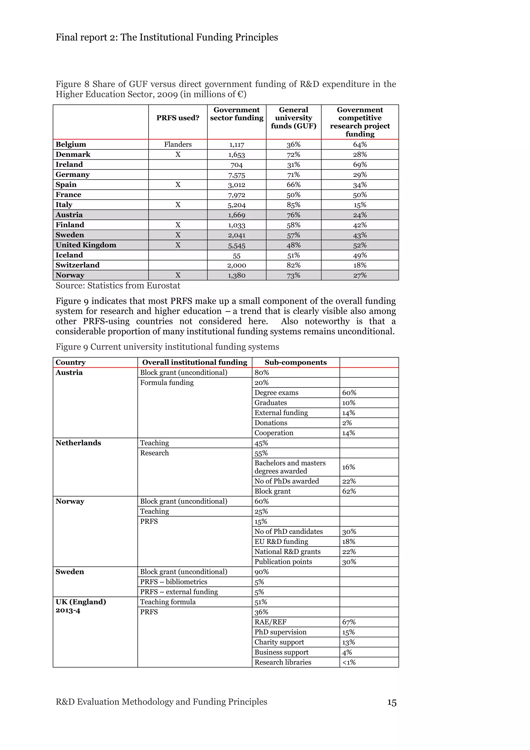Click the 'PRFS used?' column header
178,118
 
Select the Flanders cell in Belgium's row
178,144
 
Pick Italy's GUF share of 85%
293,205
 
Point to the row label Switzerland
77,265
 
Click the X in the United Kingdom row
178,245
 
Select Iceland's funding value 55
237,256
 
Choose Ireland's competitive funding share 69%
359,165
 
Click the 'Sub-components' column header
295,362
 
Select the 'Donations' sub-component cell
271,423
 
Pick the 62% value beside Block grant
349,491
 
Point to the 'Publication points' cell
283,562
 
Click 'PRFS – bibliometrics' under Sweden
173,582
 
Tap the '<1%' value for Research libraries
349,662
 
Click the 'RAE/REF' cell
270,622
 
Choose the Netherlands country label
78,443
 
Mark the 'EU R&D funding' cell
281,542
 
